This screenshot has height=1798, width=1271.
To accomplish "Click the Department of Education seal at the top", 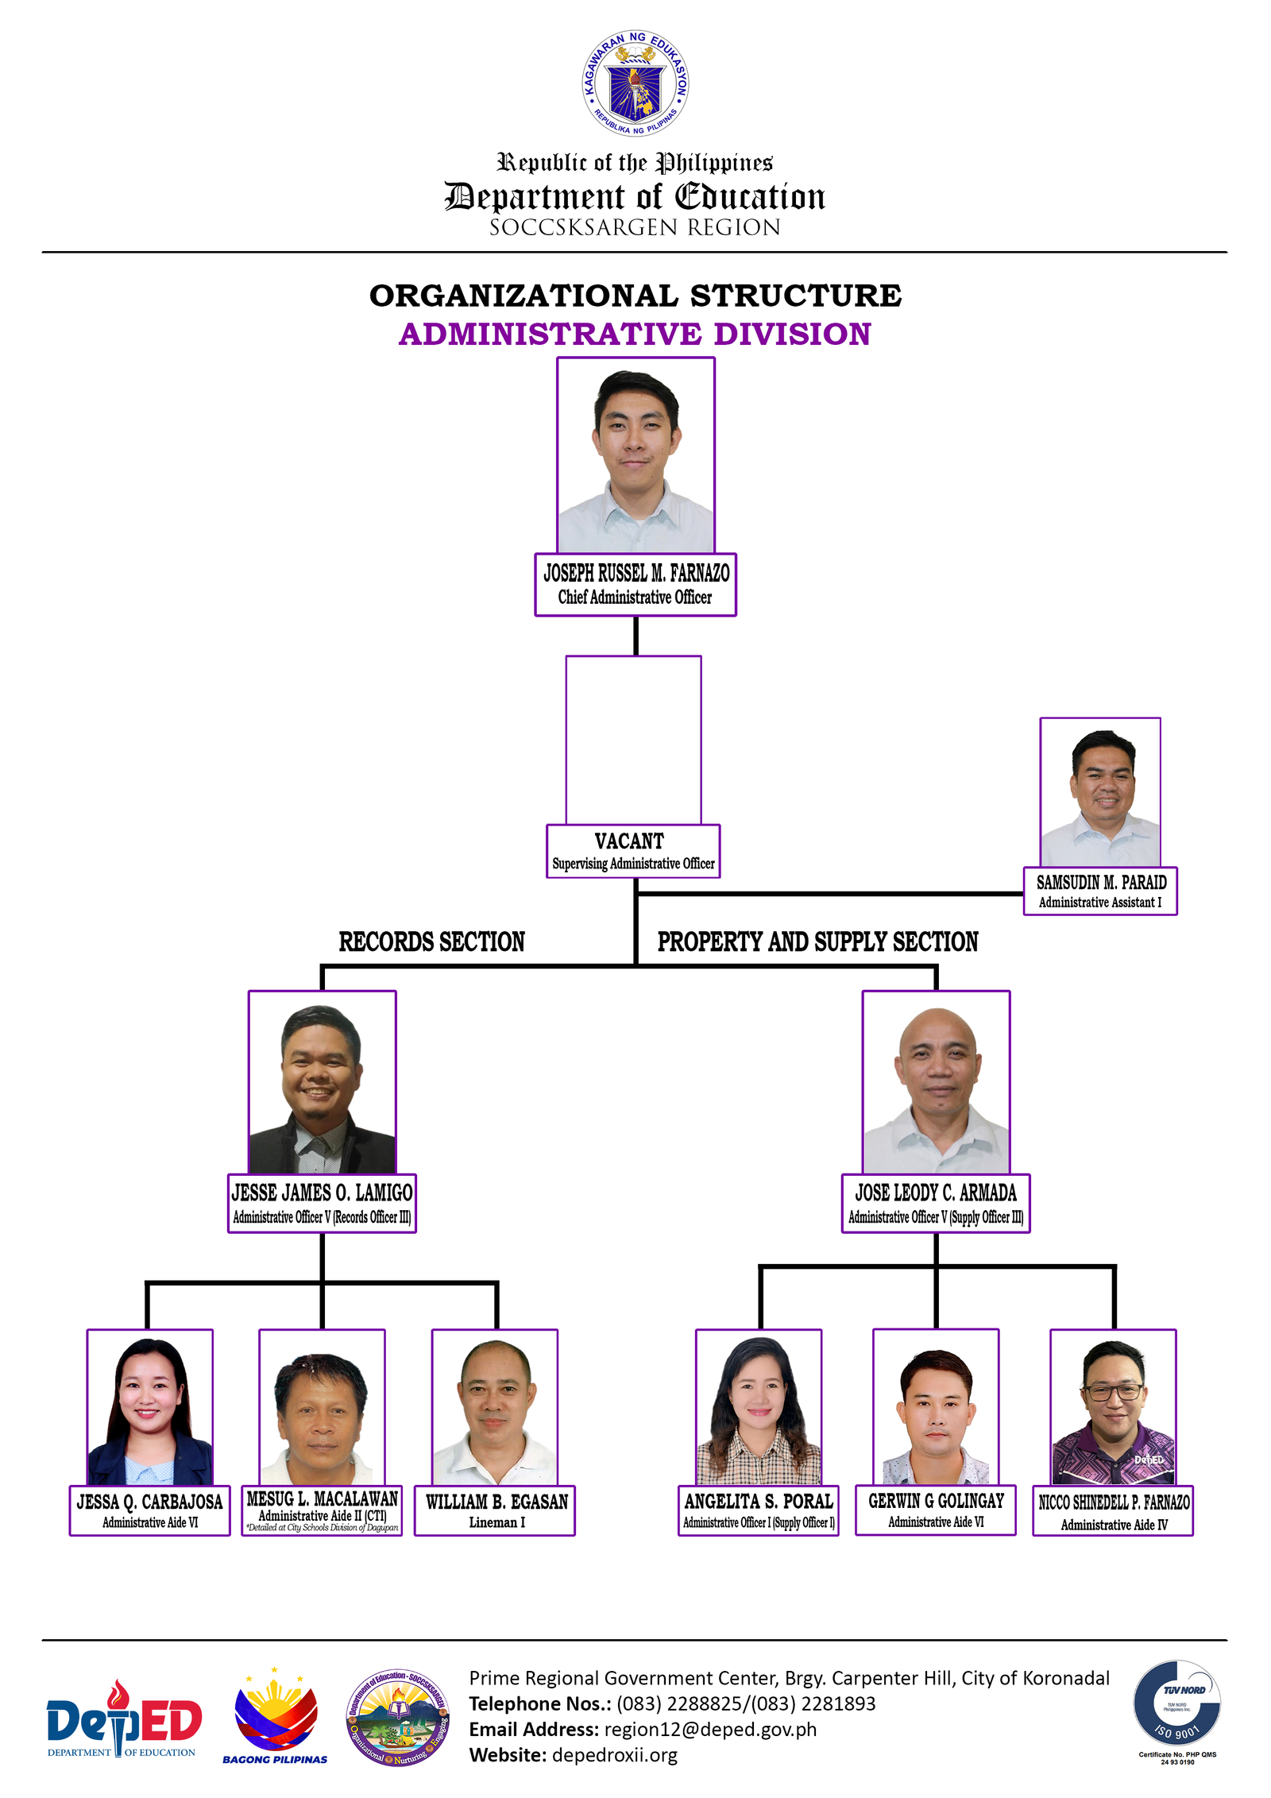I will (x=635, y=83).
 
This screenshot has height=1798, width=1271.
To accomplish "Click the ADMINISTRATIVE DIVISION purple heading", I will (x=635, y=334).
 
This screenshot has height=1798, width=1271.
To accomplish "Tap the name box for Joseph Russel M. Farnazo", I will (x=635, y=584).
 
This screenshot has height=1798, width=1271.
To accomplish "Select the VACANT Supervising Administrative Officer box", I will (x=633, y=851).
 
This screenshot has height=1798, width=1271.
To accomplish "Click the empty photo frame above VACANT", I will (x=633, y=739).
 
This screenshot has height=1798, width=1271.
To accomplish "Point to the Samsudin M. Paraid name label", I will (x=1100, y=891).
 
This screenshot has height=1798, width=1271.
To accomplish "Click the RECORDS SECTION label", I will (x=431, y=942).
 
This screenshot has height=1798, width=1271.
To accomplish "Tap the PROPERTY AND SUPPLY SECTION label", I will (x=817, y=942).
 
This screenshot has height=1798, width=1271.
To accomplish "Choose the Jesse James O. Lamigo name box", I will (x=322, y=1203).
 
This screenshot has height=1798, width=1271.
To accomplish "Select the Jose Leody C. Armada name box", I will (x=936, y=1203).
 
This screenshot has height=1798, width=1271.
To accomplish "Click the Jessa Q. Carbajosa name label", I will (x=149, y=1510).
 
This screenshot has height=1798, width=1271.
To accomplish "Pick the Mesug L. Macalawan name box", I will (x=322, y=1510).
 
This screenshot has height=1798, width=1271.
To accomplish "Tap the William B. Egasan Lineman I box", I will (x=495, y=1510).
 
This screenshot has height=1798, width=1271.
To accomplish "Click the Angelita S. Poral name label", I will (x=759, y=1510).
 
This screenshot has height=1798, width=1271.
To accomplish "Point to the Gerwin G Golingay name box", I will (x=936, y=1510).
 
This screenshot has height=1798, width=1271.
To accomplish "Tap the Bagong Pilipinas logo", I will (x=275, y=1716).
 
